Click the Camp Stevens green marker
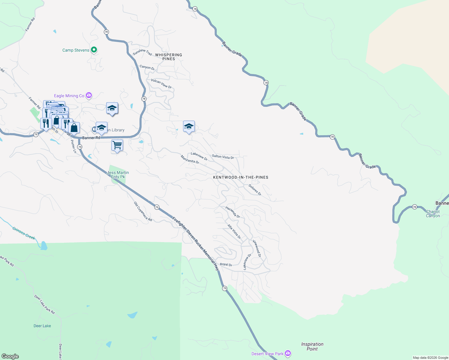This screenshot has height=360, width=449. tap(94, 50)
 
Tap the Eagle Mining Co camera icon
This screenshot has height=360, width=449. tap(89, 95)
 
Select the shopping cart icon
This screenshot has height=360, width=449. tap(117, 145)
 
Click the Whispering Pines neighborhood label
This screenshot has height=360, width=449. tap(169, 57)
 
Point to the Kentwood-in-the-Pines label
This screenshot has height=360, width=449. tap(240, 177)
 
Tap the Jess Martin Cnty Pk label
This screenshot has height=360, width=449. tap(118, 175)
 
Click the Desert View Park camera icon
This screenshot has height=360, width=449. tap(288, 353)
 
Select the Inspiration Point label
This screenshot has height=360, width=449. tap(312, 346)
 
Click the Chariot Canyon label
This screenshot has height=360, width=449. tap(433, 214)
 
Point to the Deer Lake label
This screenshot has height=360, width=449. tap(42, 326)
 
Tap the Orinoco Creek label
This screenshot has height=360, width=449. tap(24, 233)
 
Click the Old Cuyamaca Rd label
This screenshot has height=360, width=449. tap(143, 211)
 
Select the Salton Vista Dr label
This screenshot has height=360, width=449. tap(223, 157)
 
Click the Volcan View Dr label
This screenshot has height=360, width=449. tap(161, 84)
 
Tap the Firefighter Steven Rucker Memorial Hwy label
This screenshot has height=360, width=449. tap(196, 243)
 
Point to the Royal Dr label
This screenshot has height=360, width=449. tap(226, 265)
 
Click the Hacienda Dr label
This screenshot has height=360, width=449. tap(233, 212)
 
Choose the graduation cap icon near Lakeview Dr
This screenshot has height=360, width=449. tap(189, 127)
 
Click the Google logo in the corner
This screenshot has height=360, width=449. tap(10, 356)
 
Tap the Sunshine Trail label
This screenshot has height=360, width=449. tap(143, 52)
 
